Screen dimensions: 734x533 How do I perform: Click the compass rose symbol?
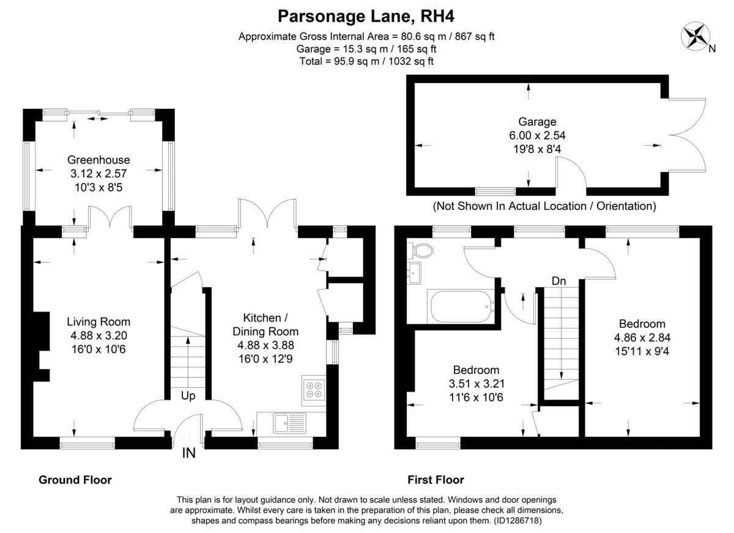tap(695, 36)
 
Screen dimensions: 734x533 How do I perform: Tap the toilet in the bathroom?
tap(420, 251)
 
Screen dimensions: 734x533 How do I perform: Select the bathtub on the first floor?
tap(462, 307)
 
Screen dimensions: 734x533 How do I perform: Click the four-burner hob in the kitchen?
tap(314, 390)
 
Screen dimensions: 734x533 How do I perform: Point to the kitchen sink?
tap(290, 423)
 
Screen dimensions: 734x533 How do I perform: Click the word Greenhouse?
tap(98, 160)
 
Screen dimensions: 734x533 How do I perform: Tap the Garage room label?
tap(537, 122)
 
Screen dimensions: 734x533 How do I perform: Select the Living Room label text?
tap(98, 322)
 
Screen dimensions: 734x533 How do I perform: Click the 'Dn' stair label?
tap(558, 281)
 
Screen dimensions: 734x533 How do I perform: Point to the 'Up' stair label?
tap(188, 396)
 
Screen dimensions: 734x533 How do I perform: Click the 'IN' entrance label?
tap(189, 453)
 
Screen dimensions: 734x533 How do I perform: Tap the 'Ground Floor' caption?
tap(75, 480)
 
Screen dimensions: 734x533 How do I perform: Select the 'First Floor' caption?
tap(436, 480)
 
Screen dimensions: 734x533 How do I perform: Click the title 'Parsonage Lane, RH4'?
tap(366, 16)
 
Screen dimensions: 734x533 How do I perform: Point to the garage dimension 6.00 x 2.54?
tap(537, 135)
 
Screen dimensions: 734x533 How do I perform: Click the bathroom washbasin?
tap(414, 273)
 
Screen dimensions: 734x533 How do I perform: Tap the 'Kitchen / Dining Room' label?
tap(265, 324)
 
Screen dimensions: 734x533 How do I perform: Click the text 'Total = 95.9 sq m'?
tap(341, 61)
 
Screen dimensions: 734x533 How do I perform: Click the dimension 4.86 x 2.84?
tap(642, 338)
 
